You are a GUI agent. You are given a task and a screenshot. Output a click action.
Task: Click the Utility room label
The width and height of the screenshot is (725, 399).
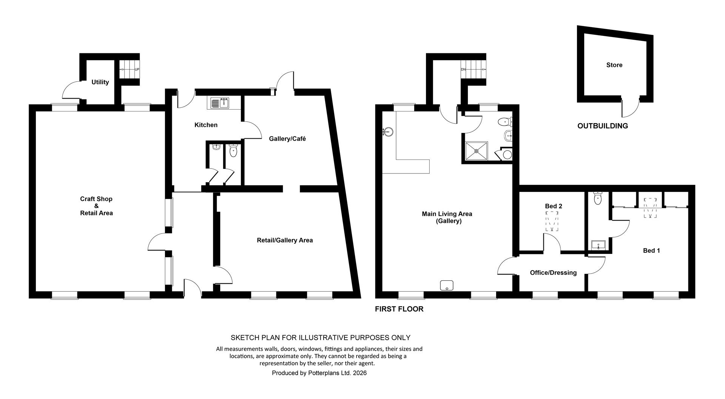click(x=100, y=82)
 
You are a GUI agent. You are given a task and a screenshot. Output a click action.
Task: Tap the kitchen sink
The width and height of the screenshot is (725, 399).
click(x=219, y=103)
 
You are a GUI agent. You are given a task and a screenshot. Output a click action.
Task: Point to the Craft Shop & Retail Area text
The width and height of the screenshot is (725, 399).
click(x=96, y=206)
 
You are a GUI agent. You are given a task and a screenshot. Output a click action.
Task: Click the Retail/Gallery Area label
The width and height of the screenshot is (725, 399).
click(x=285, y=240)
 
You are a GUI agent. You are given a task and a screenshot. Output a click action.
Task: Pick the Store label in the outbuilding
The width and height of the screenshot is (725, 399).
click(x=614, y=65)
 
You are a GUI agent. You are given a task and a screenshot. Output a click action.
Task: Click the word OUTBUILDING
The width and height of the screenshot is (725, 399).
click(x=603, y=126)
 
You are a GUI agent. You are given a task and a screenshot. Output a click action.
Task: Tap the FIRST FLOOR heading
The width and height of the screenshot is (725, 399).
click(x=399, y=309)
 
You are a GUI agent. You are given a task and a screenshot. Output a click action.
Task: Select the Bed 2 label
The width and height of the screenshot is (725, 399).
click(x=554, y=206)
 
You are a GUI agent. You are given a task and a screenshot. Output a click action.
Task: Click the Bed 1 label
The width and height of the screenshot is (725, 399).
click(x=651, y=251)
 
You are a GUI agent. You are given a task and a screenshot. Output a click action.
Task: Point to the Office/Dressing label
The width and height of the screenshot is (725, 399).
click(x=553, y=272)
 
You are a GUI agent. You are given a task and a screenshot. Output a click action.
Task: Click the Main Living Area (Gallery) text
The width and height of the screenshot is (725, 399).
click(x=447, y=217)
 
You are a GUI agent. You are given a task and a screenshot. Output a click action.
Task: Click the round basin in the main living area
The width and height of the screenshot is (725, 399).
click(x=388, y=131)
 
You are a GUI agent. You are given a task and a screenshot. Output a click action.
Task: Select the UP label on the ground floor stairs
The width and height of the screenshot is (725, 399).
click(x=137, y=70)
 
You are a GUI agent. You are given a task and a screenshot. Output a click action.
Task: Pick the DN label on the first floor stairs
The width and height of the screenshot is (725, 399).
click(x=463, y=70)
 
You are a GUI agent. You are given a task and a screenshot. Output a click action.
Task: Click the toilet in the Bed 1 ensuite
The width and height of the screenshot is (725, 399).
click(x=597, y=198)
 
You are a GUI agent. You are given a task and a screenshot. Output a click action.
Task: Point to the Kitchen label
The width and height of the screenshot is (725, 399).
click(x=206, y=125)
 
